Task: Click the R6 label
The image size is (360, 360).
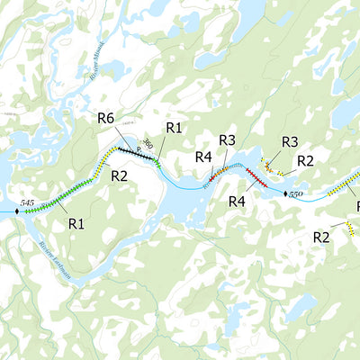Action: coord(105,119)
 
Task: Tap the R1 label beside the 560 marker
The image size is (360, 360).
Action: coord(174,128)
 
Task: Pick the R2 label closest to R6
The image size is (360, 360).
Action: coord(119,175)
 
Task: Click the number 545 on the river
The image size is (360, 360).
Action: coord(27,204)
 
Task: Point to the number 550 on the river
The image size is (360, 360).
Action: coord(296,194)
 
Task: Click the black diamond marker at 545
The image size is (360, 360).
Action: coord(15,212)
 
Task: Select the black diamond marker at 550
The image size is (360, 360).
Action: coord(285,193)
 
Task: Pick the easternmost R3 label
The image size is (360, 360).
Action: coord(289,142)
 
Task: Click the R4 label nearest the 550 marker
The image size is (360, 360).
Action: coord(237,202)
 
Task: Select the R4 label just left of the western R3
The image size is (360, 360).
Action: coord(203,157)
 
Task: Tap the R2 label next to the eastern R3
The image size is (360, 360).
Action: coord(305,161)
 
